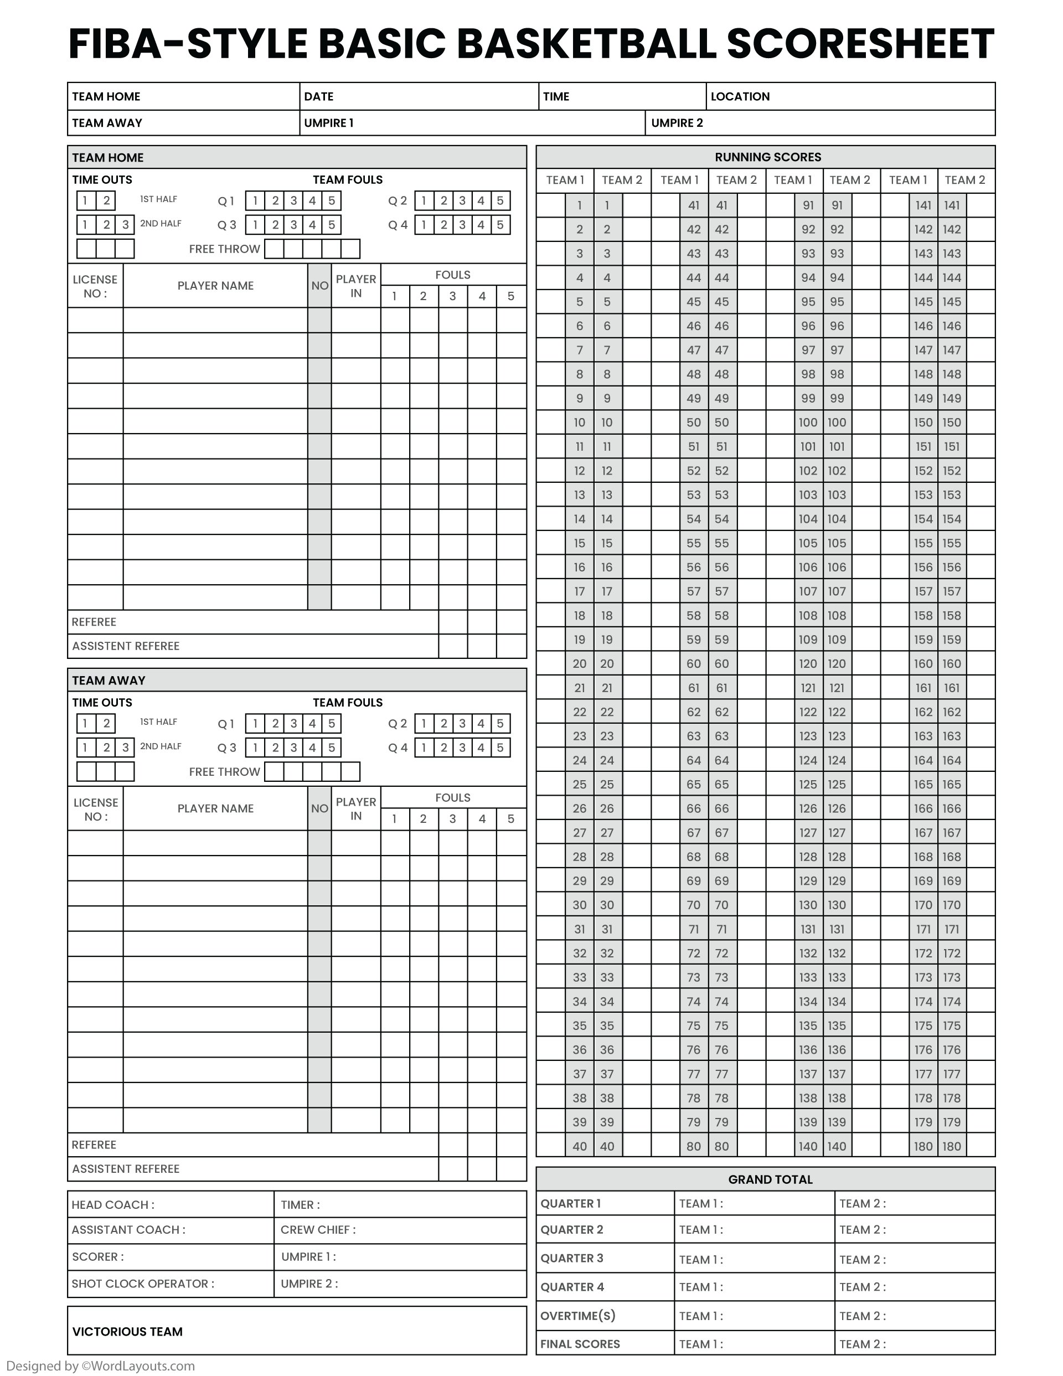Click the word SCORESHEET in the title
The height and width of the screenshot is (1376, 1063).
click(x=860, y=44)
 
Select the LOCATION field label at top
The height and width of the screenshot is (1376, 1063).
click(x=740, y=96)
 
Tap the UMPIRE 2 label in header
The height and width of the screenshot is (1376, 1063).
click(x=677, y=123)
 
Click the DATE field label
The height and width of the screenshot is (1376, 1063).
click(x=318, y=96)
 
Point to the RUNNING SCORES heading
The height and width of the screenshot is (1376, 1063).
click(x=767, y=157)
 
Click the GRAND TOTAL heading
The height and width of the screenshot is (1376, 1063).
click(x=770, y=1179)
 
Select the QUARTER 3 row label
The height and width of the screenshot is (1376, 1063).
click(x=571, y=1258)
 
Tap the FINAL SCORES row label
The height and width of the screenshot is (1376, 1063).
click(x=580, y=1344)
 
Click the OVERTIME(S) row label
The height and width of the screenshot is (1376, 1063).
click(x=577, y=1316)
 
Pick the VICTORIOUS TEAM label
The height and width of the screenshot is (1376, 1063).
click(x=127, y=1331)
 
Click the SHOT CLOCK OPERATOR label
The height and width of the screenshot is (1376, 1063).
click(x=142, y=1284)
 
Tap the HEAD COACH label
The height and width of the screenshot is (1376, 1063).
click(x=113, y=1205)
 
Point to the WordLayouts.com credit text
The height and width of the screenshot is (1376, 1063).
click(x=101, y=1366)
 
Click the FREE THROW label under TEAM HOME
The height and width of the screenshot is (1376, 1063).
click(x=224, y=249)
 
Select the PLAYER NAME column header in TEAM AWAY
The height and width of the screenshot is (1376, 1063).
click(x=215, y=808)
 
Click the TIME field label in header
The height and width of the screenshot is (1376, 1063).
click(x=556, y=96)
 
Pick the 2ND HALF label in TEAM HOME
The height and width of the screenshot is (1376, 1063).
click(x=161, y=224)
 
